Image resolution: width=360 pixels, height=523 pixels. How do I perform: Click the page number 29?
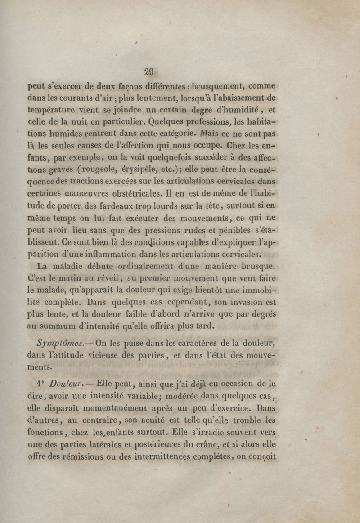[x=149, y=72]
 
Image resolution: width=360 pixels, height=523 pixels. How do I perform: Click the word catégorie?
[x=171, y=134]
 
